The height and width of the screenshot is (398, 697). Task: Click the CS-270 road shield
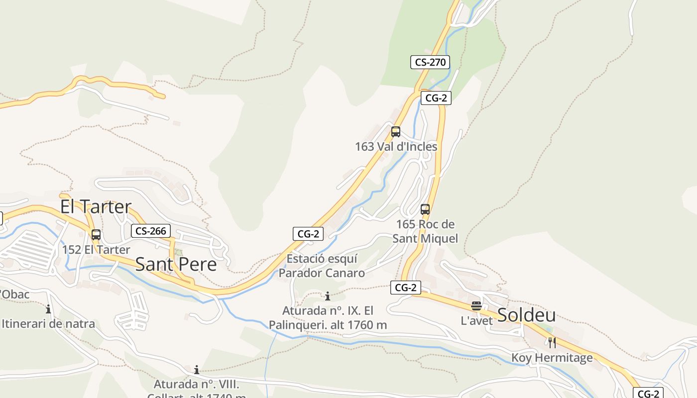pos(430,62)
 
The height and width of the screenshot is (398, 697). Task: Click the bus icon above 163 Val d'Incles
pos(396,132)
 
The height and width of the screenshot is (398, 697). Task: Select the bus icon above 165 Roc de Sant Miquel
pos(425,209)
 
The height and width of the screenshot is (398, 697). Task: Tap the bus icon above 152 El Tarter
pos(96,235)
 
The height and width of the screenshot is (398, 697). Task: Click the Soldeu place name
pos(527,315)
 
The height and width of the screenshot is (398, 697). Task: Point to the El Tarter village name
pos(96,206)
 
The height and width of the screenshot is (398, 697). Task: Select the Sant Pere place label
pos(176,264)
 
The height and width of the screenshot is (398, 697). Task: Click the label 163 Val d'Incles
pos(396,147)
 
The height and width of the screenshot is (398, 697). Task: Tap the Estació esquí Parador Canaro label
pos(322,266)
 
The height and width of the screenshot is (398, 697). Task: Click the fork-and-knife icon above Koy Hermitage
pos(552,342)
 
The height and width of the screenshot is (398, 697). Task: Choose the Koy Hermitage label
pos(552,358)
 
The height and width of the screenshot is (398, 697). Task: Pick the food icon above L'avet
pos(476,305)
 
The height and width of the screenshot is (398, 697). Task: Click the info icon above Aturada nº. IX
pos(328,297)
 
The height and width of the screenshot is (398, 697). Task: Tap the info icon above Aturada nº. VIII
pos(197,370)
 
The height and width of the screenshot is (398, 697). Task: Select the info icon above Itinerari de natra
pos(48,309)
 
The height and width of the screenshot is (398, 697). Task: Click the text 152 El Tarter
pos(96,250)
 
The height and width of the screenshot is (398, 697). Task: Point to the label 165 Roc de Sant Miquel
pos(425,231)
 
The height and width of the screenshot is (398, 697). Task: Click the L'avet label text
pos(476,321)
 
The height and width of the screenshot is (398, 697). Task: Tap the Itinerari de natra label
pos(48,324)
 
